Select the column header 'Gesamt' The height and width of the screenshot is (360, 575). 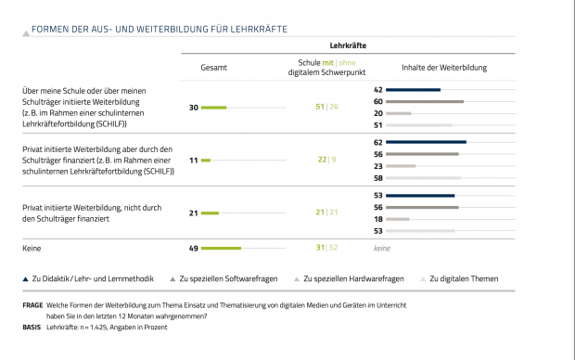click(214, 68)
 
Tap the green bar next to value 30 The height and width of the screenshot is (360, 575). click(214, 108)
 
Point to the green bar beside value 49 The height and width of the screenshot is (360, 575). click(221, 249)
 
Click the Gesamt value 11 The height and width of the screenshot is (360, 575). click(193, 161)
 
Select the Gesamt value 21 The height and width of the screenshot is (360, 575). click(193, 213)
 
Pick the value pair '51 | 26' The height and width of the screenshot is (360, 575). click(326, 108)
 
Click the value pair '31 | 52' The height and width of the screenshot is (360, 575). click(326, 248)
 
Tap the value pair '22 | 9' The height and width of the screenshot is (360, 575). click(326, 161)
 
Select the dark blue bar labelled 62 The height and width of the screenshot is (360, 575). click(427, 142)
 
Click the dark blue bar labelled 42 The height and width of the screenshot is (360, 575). click(414, 90)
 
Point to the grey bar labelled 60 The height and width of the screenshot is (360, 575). click(425, 101)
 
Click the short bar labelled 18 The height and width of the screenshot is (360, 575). click(398, 219)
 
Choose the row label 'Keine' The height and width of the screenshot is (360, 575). click(32, 249)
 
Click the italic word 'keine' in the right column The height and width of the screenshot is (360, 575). click(382, 249)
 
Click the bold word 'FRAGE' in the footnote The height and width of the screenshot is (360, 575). click(32, 305)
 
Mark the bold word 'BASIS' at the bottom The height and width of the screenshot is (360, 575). click(32, 327)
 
